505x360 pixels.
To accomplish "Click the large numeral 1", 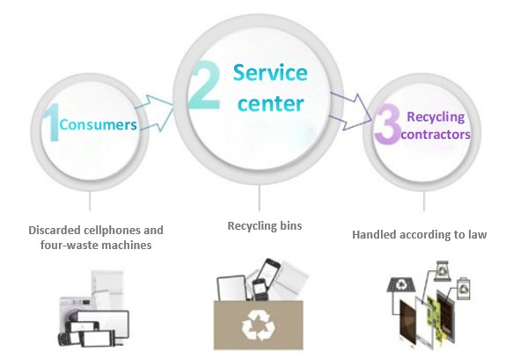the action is click(x=52, y=122).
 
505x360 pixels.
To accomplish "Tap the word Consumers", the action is click(x=99, y=125).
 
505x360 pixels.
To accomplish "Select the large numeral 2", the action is click(x=205, y=85).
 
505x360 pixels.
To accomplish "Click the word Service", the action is click(x=270, y=72).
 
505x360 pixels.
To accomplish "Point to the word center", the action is click(x=271, y=103).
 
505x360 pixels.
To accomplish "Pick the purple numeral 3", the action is click(x=387, y=124).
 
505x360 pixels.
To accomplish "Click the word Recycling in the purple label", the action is click(x=435, y=117).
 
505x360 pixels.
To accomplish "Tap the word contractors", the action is click(x=435, y=134).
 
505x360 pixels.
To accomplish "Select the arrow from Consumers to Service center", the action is click(x=155, y=113).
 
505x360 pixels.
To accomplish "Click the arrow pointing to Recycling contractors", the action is click(x=351, y=112).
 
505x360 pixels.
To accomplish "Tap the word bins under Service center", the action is click(x=291, y=225).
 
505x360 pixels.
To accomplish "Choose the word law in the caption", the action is click(x=478, y=234).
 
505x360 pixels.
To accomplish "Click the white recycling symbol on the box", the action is click(x=259, y=325).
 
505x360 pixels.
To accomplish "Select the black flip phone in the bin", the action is click(x=259, y=290).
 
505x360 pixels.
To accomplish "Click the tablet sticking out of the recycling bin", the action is click(x=232, y=288).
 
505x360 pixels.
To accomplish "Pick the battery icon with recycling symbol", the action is click(x=464, y=288).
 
